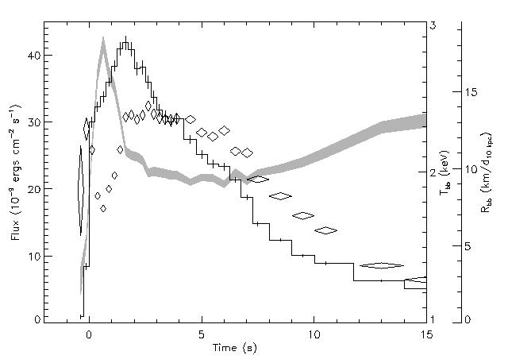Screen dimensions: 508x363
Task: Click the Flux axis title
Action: (15, 172)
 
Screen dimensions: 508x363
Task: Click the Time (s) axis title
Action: (235, 348)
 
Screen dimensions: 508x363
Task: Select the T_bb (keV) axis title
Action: (444, 172)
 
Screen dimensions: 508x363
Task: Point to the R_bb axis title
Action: (487, 172)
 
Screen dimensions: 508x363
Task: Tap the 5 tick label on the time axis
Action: (202, 334)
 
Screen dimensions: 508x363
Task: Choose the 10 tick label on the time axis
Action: (314, 334)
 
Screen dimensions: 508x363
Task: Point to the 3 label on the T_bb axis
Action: (433, 25)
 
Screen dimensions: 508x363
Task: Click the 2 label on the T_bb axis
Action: (433, 172)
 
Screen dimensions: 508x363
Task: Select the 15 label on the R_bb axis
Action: (471, 93)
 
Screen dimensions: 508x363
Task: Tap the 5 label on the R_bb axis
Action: (467, 246)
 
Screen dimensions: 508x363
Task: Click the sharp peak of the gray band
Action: (103, 38)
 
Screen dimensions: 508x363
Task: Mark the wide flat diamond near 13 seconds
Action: (382, 266)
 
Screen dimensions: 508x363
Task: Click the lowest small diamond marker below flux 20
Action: (103, 208)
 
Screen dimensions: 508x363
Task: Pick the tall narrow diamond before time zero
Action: (81, 191)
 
